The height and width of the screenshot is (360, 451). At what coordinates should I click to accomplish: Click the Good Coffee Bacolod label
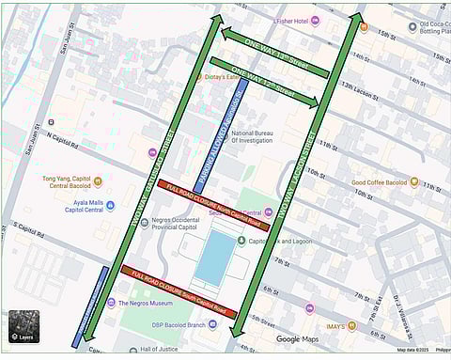click(x=384, y=182)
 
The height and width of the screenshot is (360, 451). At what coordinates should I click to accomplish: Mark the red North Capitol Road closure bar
click(x=215, y=201)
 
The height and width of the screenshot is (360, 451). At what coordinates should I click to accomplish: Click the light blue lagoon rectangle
click(x=214, y=258)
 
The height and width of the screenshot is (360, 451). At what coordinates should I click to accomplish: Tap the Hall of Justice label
click(x=159, y=350)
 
